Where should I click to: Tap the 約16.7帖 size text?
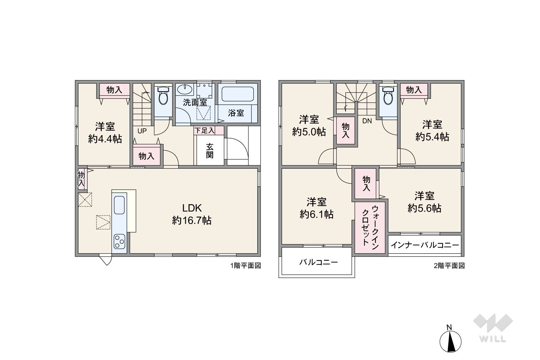pos(192,220)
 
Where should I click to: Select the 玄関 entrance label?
pos(210,151)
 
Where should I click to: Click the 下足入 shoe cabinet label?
pos(204,130)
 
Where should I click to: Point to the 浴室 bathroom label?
pos(236,113)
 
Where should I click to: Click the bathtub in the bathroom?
pos(237,94)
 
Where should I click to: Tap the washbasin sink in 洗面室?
pos(184,90)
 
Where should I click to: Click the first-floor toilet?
pos(163,96)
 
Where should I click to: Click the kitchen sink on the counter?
pos(119,205)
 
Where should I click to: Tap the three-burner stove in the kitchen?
pos(119,241)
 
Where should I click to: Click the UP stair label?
pos(142,131)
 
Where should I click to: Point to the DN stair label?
pos(367,121)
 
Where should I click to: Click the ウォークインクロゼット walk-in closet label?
pos(370,226)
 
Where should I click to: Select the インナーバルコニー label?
pos(425,245)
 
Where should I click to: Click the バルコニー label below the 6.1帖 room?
pos(319,263)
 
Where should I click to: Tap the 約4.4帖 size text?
pos(105,139)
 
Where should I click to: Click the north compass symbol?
pos(450,341)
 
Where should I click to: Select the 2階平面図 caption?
pos(449,266)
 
